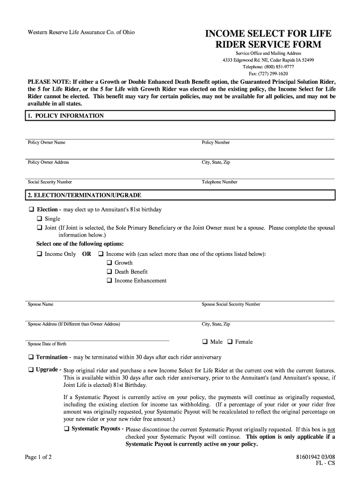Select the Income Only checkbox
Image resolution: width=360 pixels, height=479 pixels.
tap(39, 254)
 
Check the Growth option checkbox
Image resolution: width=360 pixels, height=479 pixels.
tap(109, 263)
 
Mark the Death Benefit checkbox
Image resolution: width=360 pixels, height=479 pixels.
tap(109, 272)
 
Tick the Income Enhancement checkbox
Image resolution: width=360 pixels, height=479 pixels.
tap(109, 281)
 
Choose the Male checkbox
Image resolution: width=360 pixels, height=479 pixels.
tap(205, 342)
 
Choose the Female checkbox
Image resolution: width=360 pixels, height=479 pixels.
tap(230, 342)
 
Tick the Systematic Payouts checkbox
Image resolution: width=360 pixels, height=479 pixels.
tap(66, 429)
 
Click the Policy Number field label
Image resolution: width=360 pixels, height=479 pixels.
tap(216, 143)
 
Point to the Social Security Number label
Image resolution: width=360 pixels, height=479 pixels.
tap(50, 182)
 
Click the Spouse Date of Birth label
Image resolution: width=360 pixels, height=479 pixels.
tap(47, 344)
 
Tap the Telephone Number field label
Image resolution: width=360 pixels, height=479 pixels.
tap(219, 182)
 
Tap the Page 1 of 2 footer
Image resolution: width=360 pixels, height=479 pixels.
tap(38, 457)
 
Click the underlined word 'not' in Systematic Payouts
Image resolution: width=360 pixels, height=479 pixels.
tap(331, 429)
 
